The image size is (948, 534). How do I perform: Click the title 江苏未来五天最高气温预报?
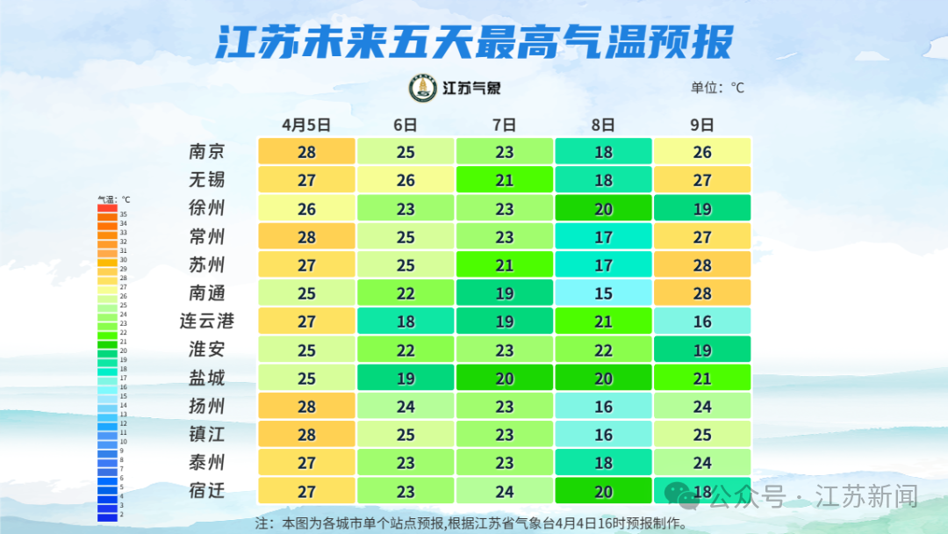pos(473,42)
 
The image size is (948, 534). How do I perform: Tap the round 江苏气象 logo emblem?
pos(423,88)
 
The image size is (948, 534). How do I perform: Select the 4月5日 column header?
pos(306,125)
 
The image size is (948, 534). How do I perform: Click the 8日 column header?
pos(603,125)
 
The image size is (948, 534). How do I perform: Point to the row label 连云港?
pos(207,321)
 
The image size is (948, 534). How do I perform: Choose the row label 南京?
pos(207,151)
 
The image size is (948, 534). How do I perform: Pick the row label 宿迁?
pos(207,490)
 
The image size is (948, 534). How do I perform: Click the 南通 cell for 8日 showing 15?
pos(603,292)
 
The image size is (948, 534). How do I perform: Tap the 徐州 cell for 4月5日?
pos(306,208)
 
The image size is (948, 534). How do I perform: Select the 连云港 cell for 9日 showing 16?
pos(702,321)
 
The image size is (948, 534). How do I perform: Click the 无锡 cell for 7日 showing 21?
pos(504,180)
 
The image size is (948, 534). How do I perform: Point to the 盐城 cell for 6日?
pos(406,378)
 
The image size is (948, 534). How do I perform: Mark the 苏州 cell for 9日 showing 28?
pos(702,264)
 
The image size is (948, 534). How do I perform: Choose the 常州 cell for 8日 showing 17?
pos(603,236)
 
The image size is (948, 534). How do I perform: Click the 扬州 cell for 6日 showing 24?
pos(406,406)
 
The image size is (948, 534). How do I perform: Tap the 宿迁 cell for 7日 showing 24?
pos(504,490)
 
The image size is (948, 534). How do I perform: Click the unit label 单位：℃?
pos(717,88)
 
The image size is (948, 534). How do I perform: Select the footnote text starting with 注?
pos(470,523)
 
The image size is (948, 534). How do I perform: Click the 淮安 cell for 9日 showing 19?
pos(702,350)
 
